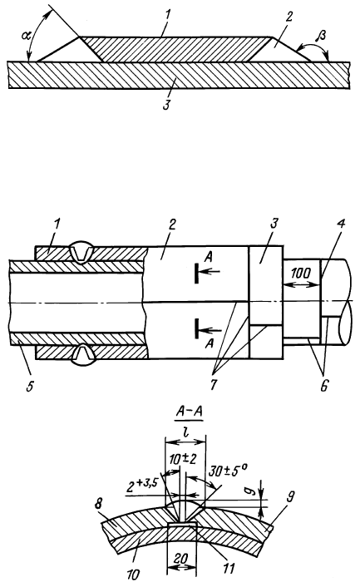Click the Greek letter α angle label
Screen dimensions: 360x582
click(25, 36)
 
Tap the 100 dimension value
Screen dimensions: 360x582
click(301, 274)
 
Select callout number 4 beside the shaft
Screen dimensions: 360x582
click(341, 224)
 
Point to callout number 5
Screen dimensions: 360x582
click(29, 386)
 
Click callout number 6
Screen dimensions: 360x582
click(323, 386)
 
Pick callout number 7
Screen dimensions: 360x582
click(214, 385)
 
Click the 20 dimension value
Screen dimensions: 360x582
click(181, 558)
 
